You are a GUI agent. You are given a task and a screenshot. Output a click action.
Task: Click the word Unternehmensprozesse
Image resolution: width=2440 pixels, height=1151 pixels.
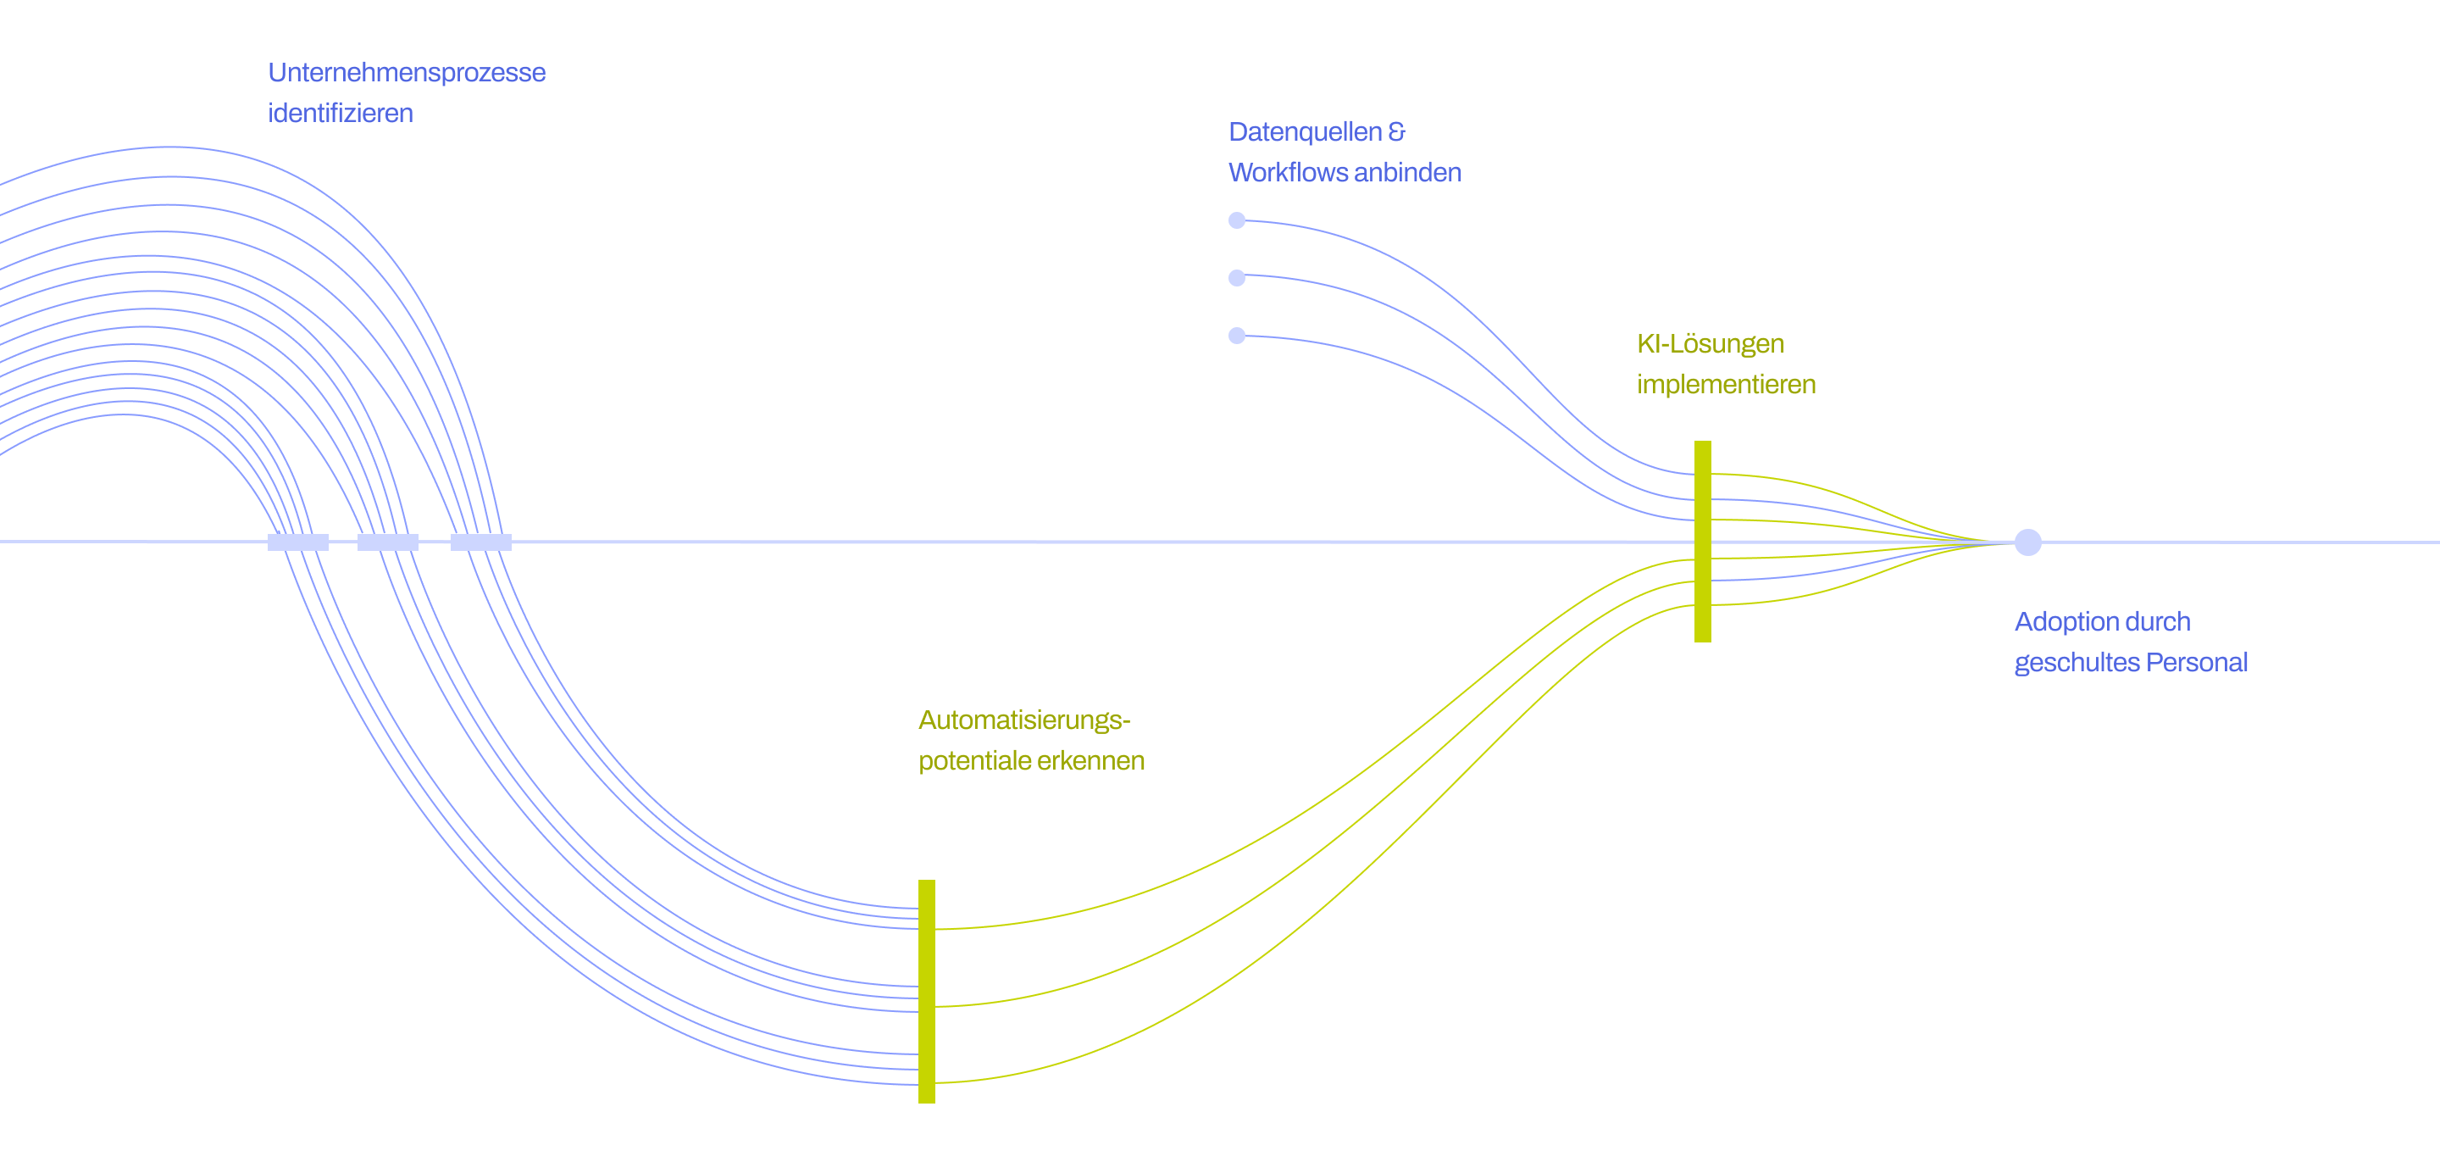tap(407, 73)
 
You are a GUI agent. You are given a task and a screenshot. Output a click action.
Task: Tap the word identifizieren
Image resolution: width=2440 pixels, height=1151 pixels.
tap(340, 114)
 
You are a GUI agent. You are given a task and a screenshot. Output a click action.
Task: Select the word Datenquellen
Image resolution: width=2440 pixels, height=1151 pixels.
tap(1305, 132)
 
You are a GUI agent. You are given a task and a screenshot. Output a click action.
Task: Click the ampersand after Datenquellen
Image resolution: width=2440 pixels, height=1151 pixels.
tap(1396, 132)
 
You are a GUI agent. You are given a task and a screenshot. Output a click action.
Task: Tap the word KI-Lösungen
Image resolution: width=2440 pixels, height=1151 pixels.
tap(1710, 344)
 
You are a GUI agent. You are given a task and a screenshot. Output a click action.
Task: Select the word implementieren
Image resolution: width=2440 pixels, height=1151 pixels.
tap(1726, 385)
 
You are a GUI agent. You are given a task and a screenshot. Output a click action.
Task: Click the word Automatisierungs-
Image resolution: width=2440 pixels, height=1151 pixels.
tap(1024, 721)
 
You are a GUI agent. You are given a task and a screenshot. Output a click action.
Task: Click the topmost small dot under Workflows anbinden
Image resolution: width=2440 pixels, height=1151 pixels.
tap(1237, 220)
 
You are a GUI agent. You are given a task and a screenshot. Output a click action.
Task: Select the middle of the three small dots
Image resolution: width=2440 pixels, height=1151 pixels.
tap(1237, 277)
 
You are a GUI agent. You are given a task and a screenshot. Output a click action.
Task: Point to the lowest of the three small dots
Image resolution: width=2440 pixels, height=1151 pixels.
tap(1237, 336)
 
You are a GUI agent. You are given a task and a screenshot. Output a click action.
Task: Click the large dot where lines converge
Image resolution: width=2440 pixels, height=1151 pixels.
tap(2028, 542)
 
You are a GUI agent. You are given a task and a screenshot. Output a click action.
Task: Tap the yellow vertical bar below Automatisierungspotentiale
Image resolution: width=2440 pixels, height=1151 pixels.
tap(926, 991)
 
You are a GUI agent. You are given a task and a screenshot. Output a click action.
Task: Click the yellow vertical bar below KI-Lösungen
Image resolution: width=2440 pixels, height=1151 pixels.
tap(1702, 541)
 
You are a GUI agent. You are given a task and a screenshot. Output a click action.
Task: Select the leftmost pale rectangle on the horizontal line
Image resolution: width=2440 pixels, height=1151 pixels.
tap(298, 542)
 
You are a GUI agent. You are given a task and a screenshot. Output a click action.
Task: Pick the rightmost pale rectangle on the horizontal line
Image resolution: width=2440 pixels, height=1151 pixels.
tap(481, 542)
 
